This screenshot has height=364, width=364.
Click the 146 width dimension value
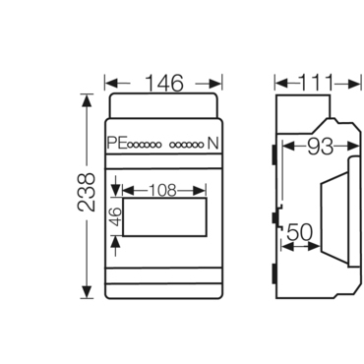pyautogui.click(x=164, y=84)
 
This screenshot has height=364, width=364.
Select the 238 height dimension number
pyautogui.click(x=86, y=192)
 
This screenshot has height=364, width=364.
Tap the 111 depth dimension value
pyautogui.click(x=317, y=83)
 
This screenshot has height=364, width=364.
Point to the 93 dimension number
pyautogui.click(x=320, y=146)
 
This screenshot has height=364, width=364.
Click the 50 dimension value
pyautogui.click(x=300, y=233)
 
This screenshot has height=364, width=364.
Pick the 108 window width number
pyautogui.click(x=162, y=190)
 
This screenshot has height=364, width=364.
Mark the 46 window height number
pyautogui.click(x=116, y=216)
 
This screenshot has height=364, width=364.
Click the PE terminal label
pyautogui.click(x=117, y=143)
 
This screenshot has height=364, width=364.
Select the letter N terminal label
pyautogui.click(x=213, y=144)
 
